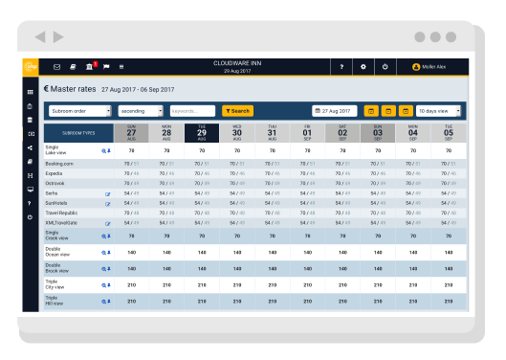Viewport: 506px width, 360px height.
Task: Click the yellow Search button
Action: coord(237,111)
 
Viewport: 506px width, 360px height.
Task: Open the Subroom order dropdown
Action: coord(79,111)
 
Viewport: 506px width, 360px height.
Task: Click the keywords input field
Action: coord(192,111)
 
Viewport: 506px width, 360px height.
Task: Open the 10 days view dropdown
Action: coord(439,111)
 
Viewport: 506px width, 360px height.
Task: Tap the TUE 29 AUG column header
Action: coord(202,132)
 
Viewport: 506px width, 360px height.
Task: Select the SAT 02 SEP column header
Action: coord(342,132)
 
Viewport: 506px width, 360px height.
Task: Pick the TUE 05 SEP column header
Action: coord(448,132)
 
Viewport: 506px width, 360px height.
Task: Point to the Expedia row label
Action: coord(55,173)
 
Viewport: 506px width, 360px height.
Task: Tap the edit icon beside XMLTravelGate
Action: coord(108,223)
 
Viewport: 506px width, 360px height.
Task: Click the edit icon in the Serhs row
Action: coord(108,193)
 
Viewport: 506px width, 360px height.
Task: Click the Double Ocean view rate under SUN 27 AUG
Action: coord(131,253)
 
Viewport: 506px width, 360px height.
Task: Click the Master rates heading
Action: coord(71,89)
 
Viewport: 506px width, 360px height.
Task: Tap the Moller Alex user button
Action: coord(438,67)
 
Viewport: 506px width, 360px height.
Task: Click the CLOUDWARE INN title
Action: coord(237,63)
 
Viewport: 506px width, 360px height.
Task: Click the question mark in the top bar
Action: coord(341,67)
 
